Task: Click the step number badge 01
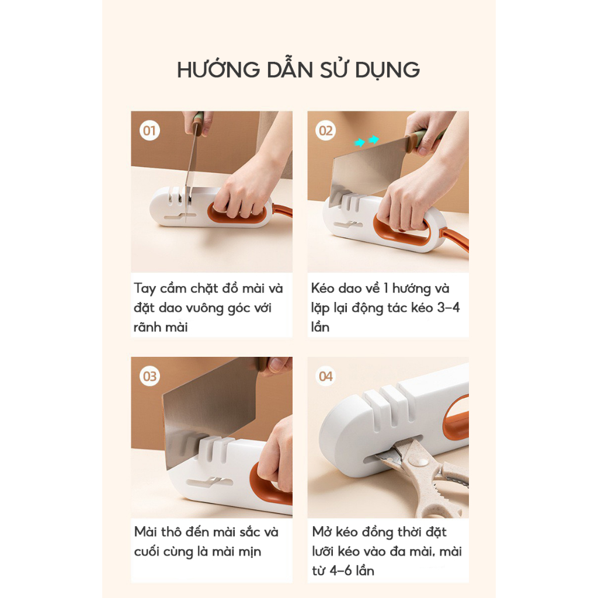pos(149,131)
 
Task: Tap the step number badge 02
pos(326,131)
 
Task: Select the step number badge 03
pos(149,377)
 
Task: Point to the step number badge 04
pos(326,377)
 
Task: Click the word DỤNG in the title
pos(388,70)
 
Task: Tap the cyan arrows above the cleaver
pos(367,141)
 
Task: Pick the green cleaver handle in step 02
pos(424,138)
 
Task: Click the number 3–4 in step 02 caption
pos(448,307)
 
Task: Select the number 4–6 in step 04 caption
pos(340,571)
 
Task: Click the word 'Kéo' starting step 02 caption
pos(322,288)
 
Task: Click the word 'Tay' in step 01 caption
pos(145,288)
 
